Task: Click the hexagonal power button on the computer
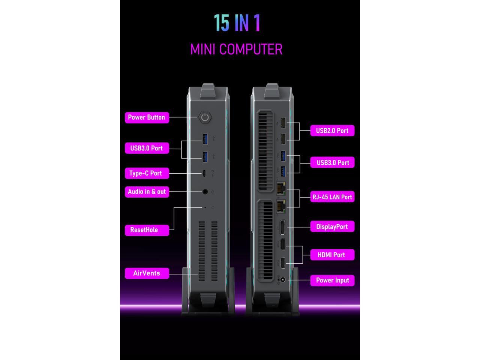205,117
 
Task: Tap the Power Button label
147,117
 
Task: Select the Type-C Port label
146,173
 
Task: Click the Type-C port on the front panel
205,173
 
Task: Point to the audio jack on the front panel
205,192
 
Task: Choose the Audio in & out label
147,192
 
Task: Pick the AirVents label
147,273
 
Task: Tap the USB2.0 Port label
332,130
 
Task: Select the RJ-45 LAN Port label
332,197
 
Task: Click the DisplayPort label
332,226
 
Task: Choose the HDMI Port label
331,255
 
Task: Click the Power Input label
332,280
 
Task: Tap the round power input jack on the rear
283,280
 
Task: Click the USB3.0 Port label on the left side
147,148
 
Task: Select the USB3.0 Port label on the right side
333,162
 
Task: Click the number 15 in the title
221,23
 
